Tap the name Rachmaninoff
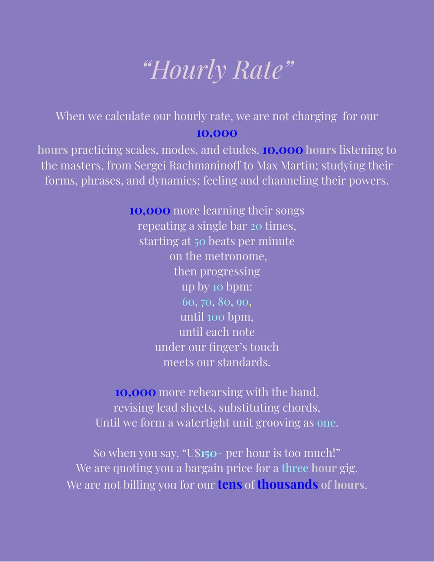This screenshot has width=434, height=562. (208, 165)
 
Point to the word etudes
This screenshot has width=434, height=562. (240, 150)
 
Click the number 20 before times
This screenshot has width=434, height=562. (256, 226)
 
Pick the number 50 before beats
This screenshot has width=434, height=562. (200, 241)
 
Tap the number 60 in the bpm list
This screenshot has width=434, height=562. (188, 301)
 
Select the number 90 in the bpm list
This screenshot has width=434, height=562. (242, 301)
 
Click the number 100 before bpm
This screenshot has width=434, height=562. (216, 317)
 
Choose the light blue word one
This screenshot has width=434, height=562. (326, 423)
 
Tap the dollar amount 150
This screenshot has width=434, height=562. (209, 453)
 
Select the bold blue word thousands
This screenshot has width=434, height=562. (287, 484)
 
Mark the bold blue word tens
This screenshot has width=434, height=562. (230, 484)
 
